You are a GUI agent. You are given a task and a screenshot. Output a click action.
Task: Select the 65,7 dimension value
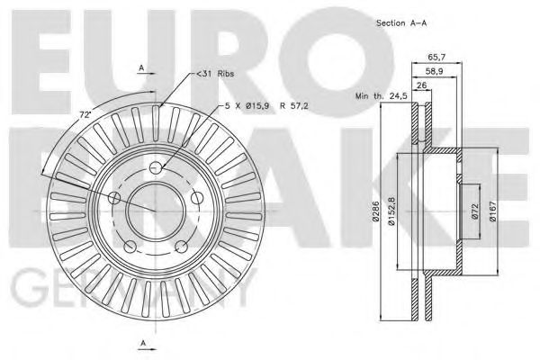[435, 56]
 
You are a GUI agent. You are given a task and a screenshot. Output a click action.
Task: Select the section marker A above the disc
[141, 67]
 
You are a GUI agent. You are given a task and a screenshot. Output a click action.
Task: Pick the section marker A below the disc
[141, 343]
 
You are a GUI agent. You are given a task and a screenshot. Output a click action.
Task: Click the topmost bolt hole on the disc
[156, 167]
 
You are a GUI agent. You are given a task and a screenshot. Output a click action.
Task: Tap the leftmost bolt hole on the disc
[114, 197]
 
